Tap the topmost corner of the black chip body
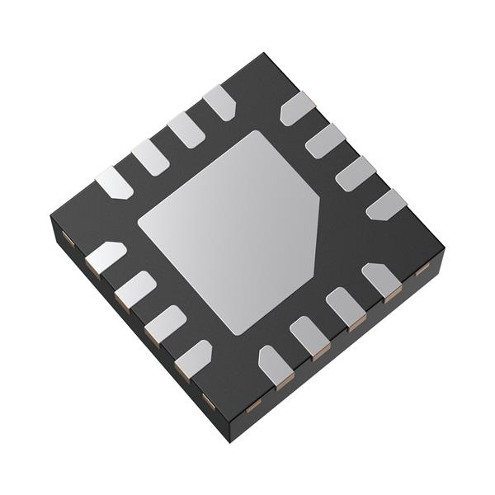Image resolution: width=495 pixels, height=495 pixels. pos(264,54)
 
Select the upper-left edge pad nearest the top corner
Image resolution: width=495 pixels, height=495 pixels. pos(219,102)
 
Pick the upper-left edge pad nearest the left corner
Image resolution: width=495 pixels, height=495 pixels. pos(114,182)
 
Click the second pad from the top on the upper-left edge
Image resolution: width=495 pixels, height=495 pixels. pos(185,129)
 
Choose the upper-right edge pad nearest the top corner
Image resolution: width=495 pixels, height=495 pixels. pos(298,108)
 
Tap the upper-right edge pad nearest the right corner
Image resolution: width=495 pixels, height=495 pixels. pos(386,205)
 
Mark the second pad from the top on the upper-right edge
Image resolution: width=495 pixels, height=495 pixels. pos(327,139)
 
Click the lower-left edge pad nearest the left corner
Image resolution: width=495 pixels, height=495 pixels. pos(106,257)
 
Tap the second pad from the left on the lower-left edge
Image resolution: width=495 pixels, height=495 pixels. pos(135,289)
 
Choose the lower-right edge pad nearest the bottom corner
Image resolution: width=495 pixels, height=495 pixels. pos(274,365)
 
